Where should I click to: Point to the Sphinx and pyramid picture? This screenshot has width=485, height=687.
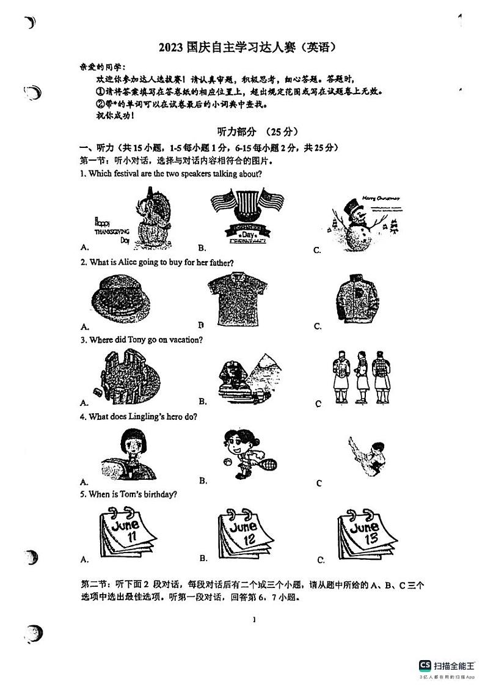point(247,378)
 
